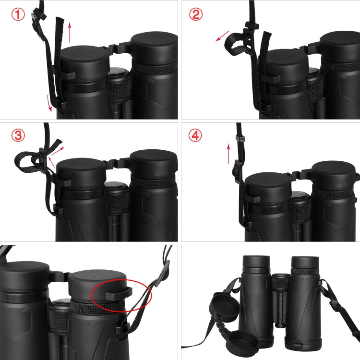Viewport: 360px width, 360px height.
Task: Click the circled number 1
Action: [18, 14]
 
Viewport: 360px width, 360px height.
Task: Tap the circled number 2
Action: [196, 14]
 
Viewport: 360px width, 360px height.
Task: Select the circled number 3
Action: [18, 136]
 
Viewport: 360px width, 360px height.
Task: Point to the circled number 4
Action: [196, 136]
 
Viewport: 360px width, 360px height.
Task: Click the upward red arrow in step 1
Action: [71, 32]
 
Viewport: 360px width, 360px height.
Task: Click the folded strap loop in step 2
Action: [234, 44]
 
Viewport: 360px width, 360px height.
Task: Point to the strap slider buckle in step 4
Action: [239, 138]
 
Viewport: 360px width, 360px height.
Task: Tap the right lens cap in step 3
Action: [153, 163]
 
